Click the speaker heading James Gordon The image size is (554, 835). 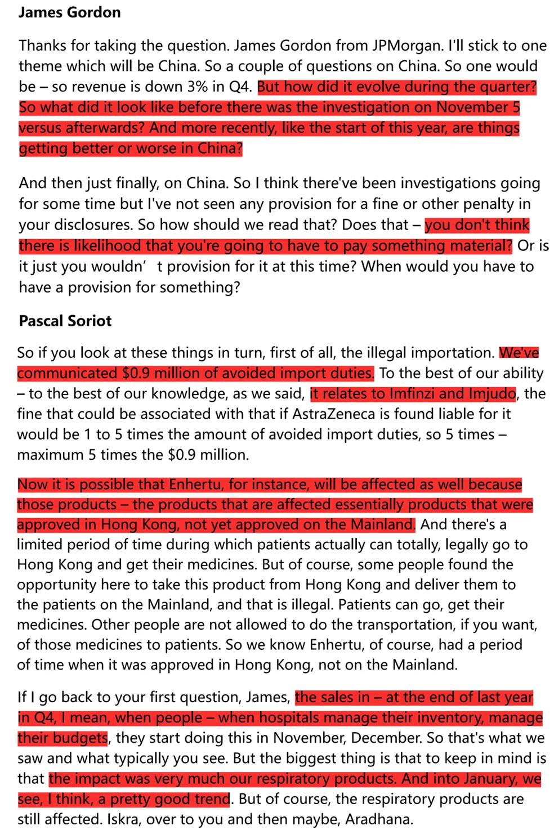(x=69, y=12)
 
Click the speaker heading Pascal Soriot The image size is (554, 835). (x=65, y=321)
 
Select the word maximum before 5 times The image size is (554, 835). (x=51, y=455)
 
